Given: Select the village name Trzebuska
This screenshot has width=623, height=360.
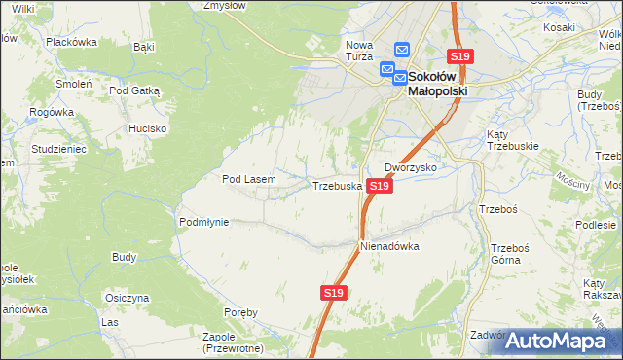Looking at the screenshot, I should point(337,185).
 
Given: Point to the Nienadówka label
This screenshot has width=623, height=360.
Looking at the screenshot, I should point(389,246).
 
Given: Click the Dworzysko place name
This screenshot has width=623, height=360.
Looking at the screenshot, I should point(410,167).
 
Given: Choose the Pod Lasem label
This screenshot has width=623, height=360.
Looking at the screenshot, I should point(249,179).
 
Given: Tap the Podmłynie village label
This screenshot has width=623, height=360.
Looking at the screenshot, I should point(203,222).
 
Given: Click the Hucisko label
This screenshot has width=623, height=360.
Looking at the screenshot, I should point(148,128).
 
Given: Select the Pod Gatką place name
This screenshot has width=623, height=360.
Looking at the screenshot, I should point(134,90).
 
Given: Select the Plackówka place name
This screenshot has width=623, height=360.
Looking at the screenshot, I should point(71,42).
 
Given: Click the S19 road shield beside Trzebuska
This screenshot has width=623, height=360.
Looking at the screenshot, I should point(381,185).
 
